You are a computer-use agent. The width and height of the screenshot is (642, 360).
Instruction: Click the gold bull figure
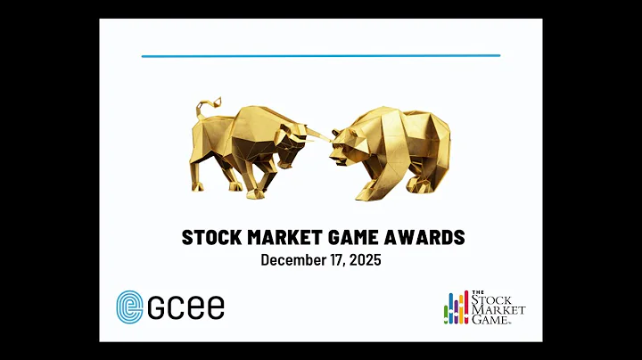pos(245,147)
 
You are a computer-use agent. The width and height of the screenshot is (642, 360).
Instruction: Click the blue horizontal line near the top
pos(321,56)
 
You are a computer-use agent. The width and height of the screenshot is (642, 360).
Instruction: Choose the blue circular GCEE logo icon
pos(130,307)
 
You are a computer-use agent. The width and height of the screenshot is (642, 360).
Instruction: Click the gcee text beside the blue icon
pos(187,307)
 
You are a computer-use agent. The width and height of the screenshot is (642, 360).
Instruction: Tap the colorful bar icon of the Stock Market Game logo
pos(457,307)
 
